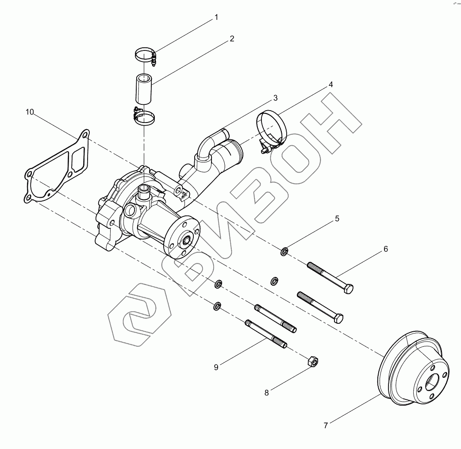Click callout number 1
point(216,18)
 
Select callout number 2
point(232,39)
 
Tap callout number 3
point(275,98)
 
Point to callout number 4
point(330,84)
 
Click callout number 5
point(337,219)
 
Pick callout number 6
point(385,249)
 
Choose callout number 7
point(326,426)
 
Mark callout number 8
point(266,392)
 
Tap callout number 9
point(216,367)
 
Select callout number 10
point(30,112)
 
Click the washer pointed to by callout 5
point(284,252)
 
